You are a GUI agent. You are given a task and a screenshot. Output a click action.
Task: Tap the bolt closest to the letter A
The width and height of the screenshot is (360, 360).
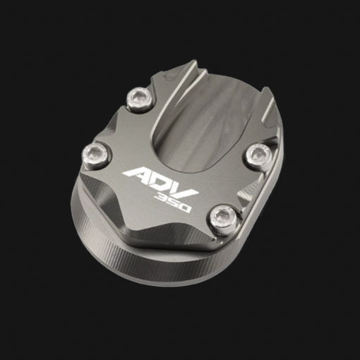coord(95,155)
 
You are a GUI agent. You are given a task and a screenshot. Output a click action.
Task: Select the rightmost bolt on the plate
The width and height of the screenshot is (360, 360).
coord(259,155)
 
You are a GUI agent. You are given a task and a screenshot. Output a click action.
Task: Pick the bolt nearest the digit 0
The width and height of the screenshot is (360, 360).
coord(222,220)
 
